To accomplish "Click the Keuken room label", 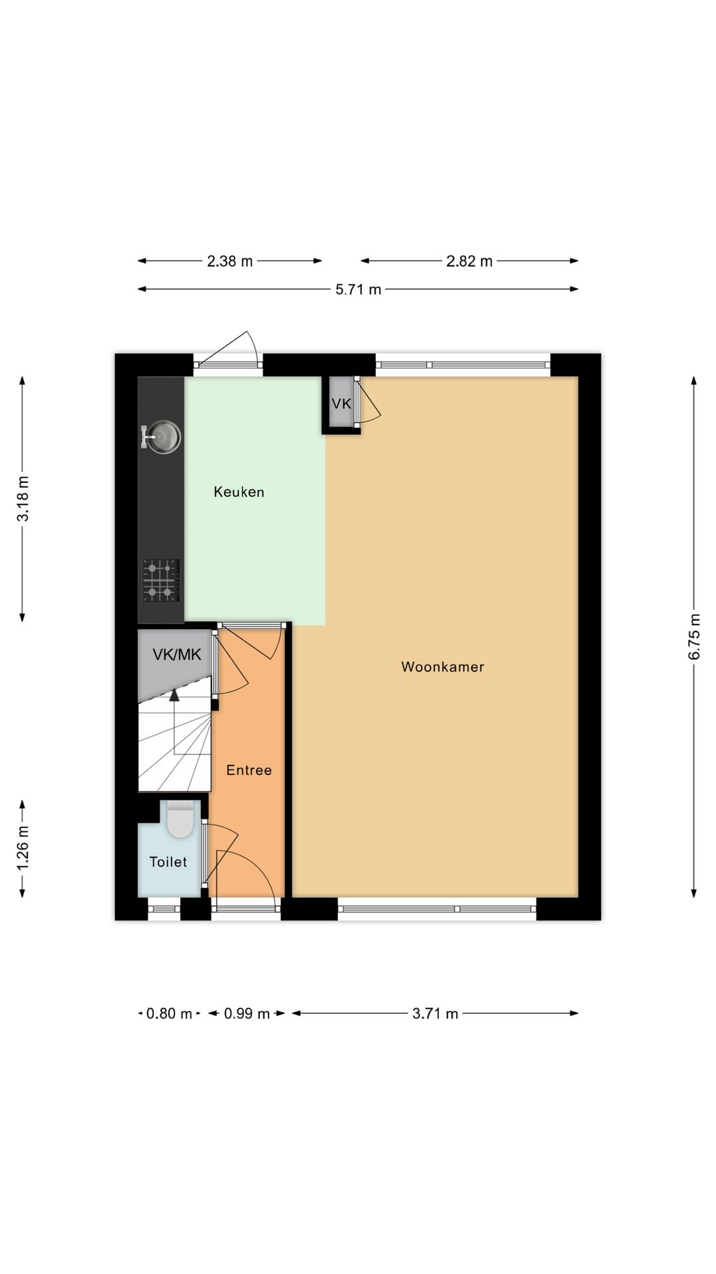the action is [x=239, y=492].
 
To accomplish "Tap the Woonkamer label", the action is [x=442, y=667].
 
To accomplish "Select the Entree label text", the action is [x=249, y=770].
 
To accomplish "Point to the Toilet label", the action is [x=168, y=862].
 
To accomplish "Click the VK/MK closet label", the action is [x=176, y=655].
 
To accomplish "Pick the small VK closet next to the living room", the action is [x=341, y=403].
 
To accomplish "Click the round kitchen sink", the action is [x=163, y=437].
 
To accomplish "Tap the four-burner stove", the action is [x=161, y=581].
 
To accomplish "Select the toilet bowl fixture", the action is [x=180, y=819].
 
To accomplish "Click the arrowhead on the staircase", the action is [x=174, y=695].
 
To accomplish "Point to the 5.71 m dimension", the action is [x=358, y=289].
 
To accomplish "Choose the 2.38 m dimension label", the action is [x=230, y=261].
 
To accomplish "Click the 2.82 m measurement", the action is [x=469, y=261].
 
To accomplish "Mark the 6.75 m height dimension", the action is [x=694, y=636].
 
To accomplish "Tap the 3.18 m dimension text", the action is [x=23, y=499].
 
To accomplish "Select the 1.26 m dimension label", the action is [x=23, y=849].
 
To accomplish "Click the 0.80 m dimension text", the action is [x=169, y=1014].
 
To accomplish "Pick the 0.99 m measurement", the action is [x=247, y=1014].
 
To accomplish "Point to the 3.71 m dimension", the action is [x=436, y=1014].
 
